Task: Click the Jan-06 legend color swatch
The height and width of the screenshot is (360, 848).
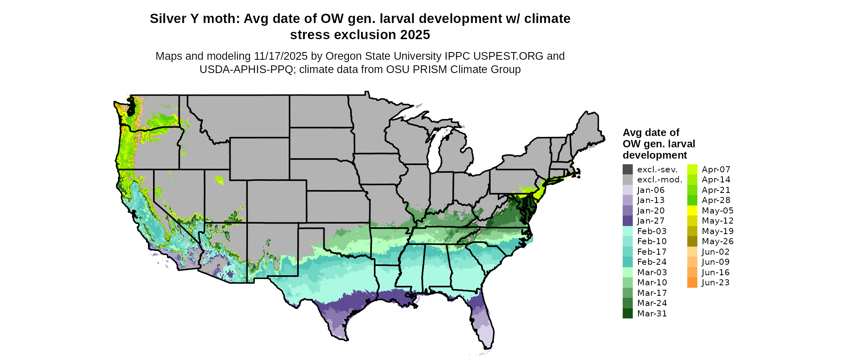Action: point(628,190)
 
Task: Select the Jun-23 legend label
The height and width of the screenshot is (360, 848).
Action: point(716,283)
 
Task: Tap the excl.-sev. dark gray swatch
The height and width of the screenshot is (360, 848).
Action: point(628,170)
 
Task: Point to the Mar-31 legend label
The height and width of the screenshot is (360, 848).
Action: point(652,314)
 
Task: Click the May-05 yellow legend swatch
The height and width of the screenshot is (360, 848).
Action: point(692,211)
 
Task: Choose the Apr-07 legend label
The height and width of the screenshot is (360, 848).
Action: point(716,170)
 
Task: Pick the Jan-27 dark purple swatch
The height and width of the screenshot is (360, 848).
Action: point(628,221)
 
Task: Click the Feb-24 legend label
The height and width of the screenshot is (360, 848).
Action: point(652,262)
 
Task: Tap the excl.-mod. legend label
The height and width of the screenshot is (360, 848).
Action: point(659,180)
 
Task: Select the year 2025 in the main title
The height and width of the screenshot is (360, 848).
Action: point(415,35)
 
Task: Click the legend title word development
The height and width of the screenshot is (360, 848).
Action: point(655,155)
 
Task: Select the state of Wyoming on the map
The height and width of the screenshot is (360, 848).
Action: point(259,159)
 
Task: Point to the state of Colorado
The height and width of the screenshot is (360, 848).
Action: point(277,201)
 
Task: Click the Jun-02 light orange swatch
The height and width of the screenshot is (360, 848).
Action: point(692,252)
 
